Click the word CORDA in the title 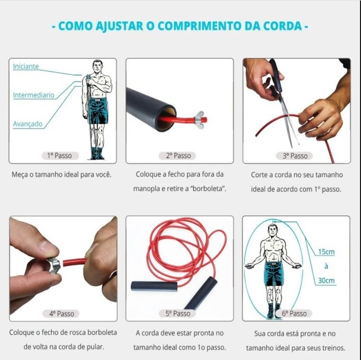[x=282, y=26]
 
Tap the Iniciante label [x=26, y=66]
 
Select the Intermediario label [x=33, y=95]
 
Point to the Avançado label [x=28, y=124]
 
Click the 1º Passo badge [x=60, y=156]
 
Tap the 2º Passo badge [x=177, y=156]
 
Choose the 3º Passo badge [x=294, y=156]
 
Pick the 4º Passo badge [x=61, y=314]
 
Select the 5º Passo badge [x=177, y=314]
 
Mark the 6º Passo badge [x=294, y=314]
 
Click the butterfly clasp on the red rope [x=200, y=120]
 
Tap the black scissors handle [x=276, y=77]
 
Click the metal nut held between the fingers [x=54, y=265]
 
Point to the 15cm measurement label [x=326, y=252]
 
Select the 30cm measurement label [x=326, y=280]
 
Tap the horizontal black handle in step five [x=154, y=286]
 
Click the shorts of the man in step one [x=98, y=110]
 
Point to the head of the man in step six [x=272, y=231]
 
